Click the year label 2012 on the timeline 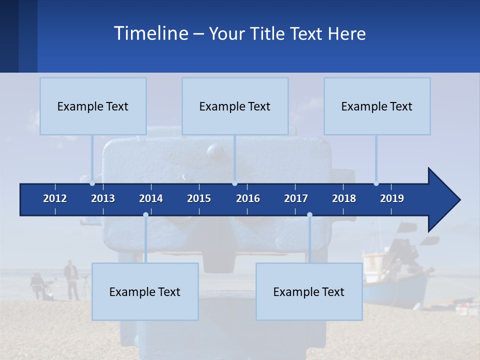pyautogui.click(x=55, y=198)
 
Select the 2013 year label pyautogui.click(x=103, y=198)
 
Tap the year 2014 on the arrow pyautogui.click(x=151, y=198)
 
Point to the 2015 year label pyautogui.click(x=199, y=198)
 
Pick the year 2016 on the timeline pyautogui.click(x=248, y=198)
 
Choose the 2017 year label pyautogui.click(x=296, y=198)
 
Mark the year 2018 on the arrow pyautogui.click(x=344, y=198)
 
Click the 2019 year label pyautogui.click(x=392, y=198)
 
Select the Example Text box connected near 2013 pyautogui.click(x=93, y=106)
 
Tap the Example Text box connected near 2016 pyautogui.click(x=235, y=106)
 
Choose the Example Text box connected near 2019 pyautogui.click(x=377, y=106)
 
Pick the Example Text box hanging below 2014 pyautogui.click(x=145, y=291)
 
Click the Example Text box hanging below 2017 pyautogui.click(x=309, y=291)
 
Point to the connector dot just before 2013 pyautogui.click(x=92, y=183)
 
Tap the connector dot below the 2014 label pyautogui.click(x=145, y=214)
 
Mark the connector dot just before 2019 pyautogui.click(x=376, y=183)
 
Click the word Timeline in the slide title pyautogui.click(x=150, y=33)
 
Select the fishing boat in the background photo pyautogui.click(x=395, y=280)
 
